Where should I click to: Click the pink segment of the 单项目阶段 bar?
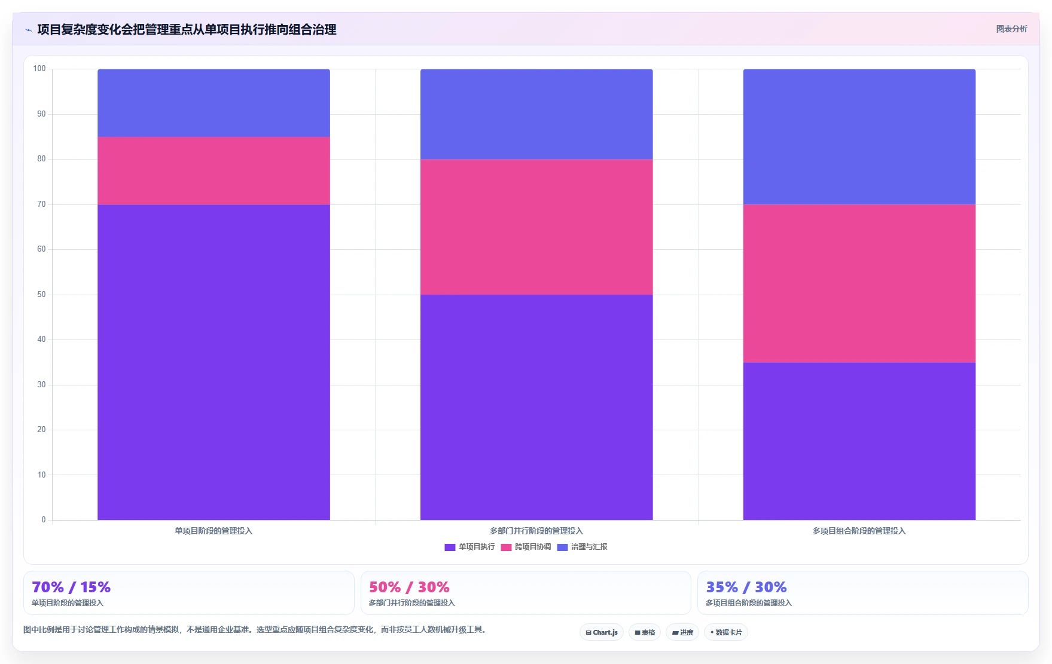tap(214, 170)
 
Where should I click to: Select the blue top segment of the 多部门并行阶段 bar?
tap(536, 114)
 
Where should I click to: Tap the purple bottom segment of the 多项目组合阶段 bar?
tap(859, 441)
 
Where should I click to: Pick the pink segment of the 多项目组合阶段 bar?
tap(859, 283)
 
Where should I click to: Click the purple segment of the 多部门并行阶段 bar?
tap(536, 407)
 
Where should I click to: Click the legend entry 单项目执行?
tap(470, 547)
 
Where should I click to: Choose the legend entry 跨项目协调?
tap(526, 547)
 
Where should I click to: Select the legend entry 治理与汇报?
tap(583, 547)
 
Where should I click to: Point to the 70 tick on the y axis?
tap(41, 204)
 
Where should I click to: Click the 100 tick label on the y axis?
tap(39, 69)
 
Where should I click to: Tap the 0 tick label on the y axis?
tap(44, 520)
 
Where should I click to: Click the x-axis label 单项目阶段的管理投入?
tap(214, 531)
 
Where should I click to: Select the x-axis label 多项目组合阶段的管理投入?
tap(859, 531)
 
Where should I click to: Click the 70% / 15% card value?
tap(71, 587)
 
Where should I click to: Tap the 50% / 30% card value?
tap(409, 587)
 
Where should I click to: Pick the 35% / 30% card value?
tap(746, 587)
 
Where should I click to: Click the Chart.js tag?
tap(602, 632)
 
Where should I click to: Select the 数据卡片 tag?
tap(726, 632)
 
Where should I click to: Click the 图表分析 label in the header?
tap(1011, 29)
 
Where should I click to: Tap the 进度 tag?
tap(682, 632)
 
